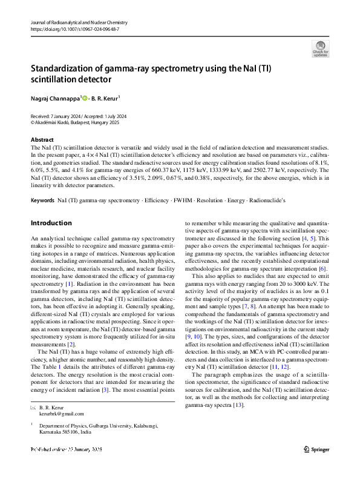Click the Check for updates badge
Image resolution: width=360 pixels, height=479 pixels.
(x=320, y=48)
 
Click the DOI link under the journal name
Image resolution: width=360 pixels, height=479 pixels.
(x=74, y=28)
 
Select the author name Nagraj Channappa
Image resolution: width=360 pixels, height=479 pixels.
(x=55, y=97)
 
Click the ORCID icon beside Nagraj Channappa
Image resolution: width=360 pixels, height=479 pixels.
(x=85, y=97)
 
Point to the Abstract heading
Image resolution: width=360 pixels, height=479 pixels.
(x=42, y=140)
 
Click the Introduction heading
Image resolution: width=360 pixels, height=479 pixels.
(x=51, y=223)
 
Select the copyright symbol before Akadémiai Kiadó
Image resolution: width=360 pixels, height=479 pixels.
(x=33, y=121)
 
